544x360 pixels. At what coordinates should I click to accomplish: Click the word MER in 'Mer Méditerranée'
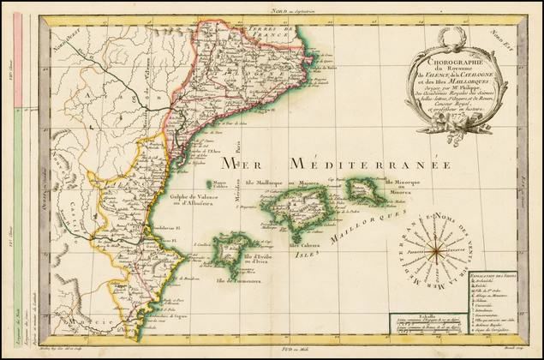coord(244,163)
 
